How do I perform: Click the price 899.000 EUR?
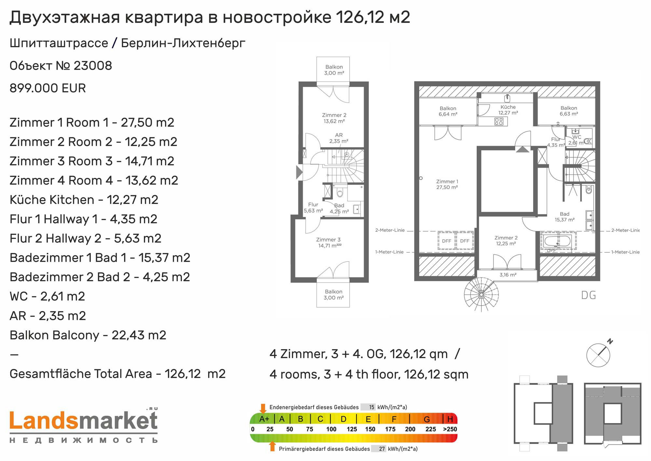point(48,88)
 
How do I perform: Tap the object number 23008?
point(93,66)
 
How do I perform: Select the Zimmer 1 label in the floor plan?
point(447,184)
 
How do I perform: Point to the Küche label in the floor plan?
point(508,110)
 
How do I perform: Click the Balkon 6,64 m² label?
point(448,111)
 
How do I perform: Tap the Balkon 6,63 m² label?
point(569,111)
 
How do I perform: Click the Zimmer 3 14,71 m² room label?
point(328,243)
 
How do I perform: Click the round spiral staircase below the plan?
point(481,295)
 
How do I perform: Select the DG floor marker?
point(589,295)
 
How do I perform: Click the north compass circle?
point(598,355)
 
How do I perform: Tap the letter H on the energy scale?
point(450,419)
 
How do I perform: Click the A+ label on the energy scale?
point(264,419)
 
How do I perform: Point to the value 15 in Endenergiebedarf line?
point(371,407)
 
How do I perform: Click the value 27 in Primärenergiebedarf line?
point(382,449)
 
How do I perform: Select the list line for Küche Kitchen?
point(84,200)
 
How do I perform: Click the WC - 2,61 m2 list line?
point(48,296)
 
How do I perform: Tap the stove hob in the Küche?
point(499,122)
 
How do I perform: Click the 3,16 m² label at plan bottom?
point(508,275)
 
